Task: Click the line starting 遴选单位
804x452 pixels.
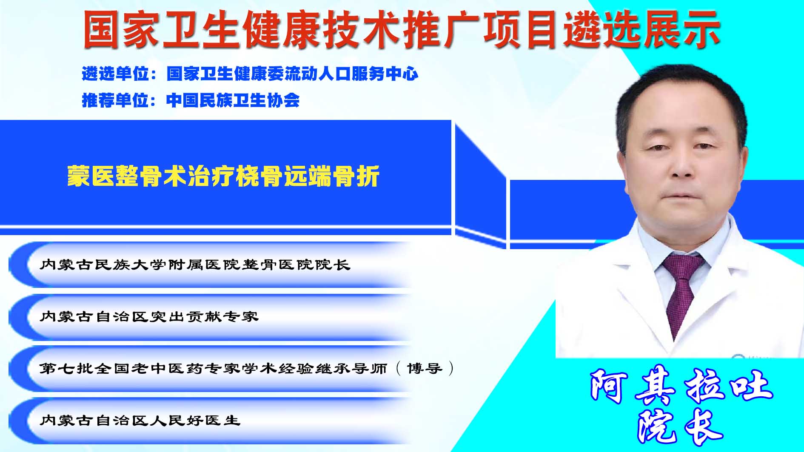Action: coord(250,74)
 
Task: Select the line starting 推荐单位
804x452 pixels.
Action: coord(191,100)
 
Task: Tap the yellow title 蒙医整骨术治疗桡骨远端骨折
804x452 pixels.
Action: coord(223,176)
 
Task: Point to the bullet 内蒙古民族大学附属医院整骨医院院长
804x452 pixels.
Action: coord(195,264)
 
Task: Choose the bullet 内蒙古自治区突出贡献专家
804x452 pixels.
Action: coord(149,316)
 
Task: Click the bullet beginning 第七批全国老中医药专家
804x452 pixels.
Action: coord(247,368)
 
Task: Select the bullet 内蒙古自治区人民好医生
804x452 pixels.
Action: coord(140,420)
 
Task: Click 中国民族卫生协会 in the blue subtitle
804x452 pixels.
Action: coord(233,100)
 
